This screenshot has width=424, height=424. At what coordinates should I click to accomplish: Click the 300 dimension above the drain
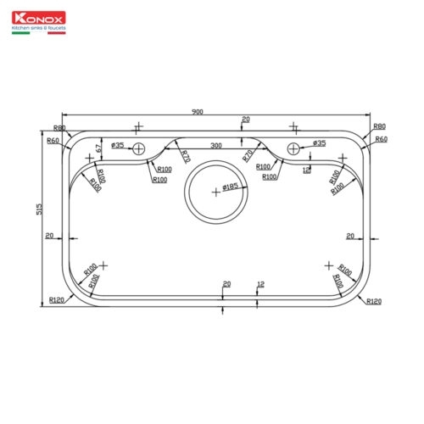point(216,147)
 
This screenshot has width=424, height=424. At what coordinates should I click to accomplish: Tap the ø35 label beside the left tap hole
point(118,146)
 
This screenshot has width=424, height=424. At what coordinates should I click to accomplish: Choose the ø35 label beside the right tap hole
point(319,143)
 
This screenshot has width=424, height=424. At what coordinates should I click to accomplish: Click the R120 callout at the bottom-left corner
point(58,300)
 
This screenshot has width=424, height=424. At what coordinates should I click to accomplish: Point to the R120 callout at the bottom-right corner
point(374,301)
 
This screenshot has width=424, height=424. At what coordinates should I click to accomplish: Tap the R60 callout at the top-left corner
point(53,140)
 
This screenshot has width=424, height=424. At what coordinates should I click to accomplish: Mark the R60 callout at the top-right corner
point(381,139)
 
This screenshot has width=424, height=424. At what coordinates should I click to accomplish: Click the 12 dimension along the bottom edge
point(260,283)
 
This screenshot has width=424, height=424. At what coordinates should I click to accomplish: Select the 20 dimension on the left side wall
point(50,235)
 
